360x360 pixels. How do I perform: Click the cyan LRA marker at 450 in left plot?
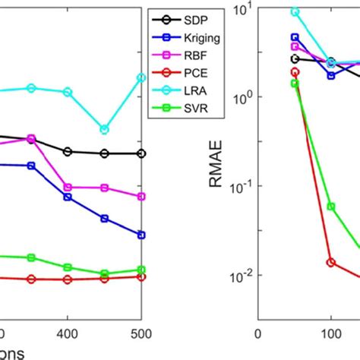coord(105,129)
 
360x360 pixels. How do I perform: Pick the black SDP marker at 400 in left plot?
coord(68,151)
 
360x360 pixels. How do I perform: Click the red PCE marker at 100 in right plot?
coord(331,262)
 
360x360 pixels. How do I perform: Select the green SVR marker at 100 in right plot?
coord(331,206)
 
